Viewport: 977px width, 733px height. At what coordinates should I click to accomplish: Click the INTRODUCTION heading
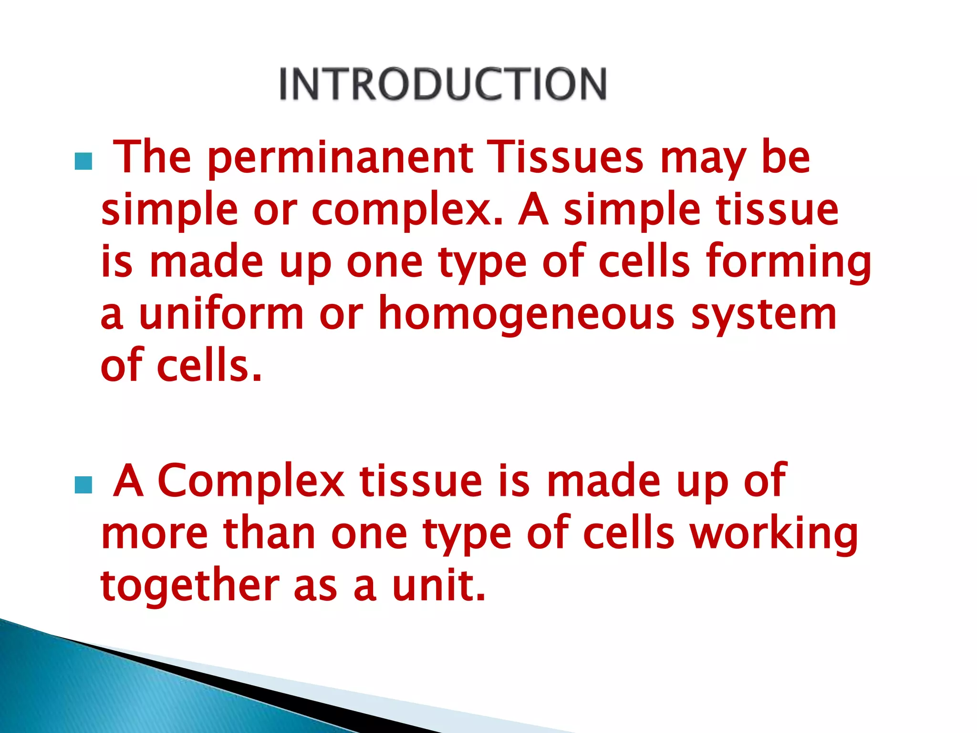(443, 84)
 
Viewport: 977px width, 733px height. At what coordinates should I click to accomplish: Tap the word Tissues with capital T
(567, 157)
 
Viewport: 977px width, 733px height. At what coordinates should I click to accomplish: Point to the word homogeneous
(526, 315)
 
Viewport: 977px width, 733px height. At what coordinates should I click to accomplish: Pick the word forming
(789, 262)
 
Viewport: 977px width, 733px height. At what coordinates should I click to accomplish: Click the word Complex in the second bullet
(251, 482)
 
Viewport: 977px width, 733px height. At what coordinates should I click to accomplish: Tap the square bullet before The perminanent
(83, 162)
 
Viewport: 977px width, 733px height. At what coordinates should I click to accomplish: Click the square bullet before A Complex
(83, 485)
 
